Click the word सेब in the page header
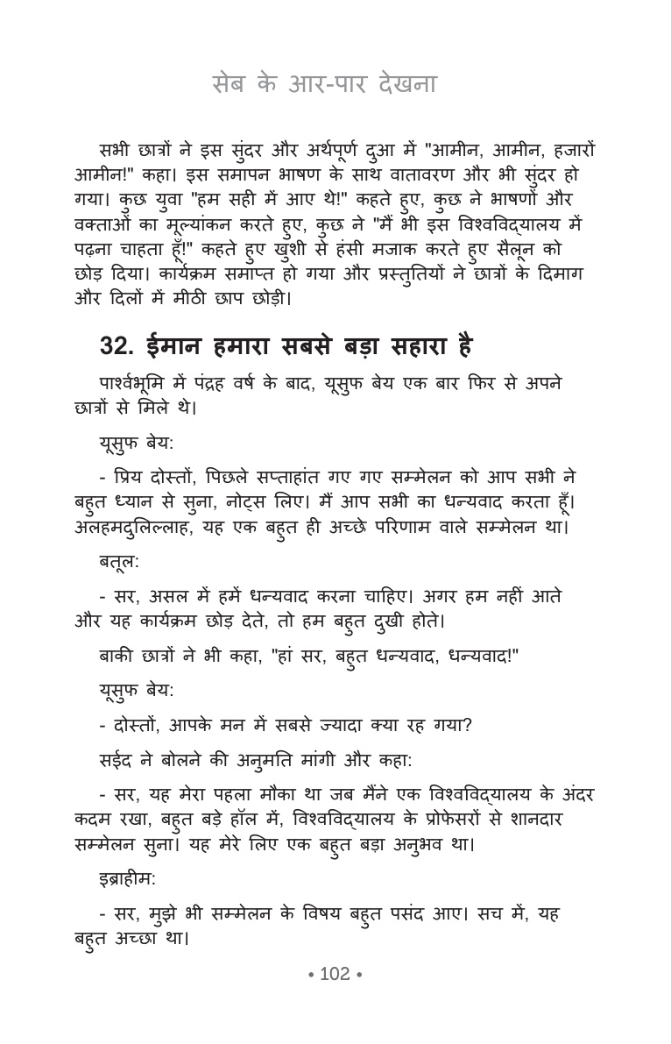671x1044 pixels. pos(230,85)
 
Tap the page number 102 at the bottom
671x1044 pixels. pos(335,974)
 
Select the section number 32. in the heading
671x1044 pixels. pos(117,346)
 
